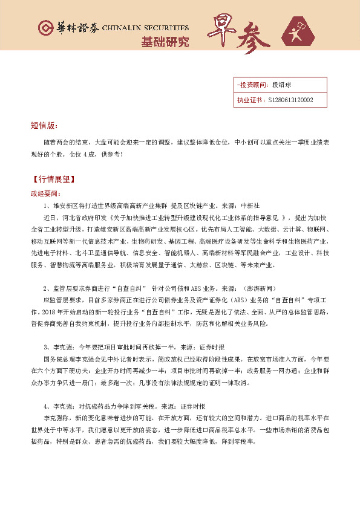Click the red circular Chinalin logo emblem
pos(45,28)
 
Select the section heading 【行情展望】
pos(51,180)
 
